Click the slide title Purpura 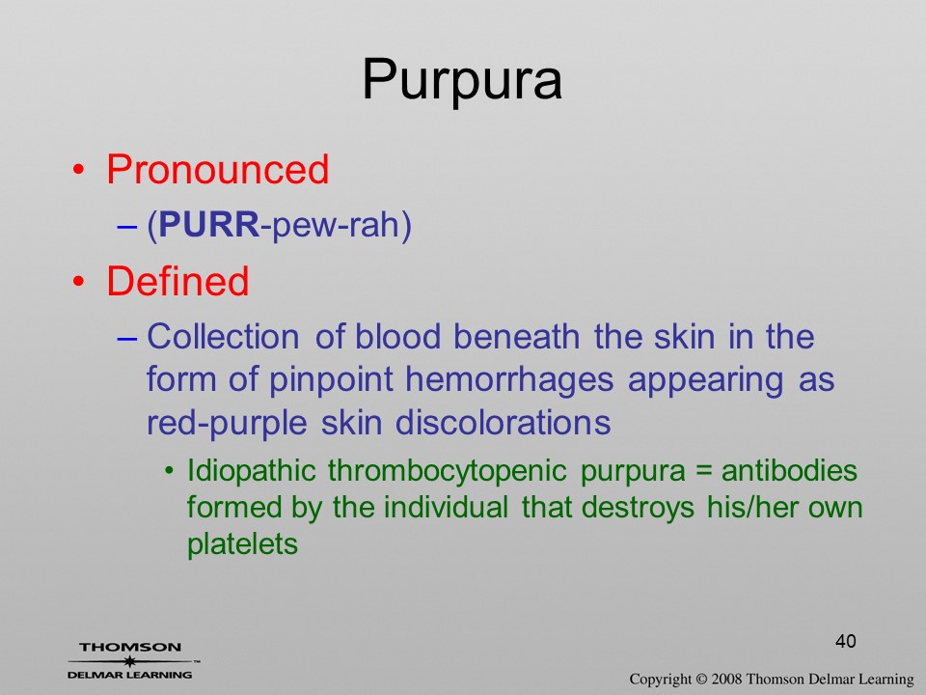click(x=462, y=80)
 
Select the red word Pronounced click(x=217, y=170)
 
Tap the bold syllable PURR click(x=209, y=225)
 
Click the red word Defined click(x=177, y=281)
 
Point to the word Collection click(x=223, y=337)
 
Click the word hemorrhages click(x=509, y=380)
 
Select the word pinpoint click(x=331, y=380)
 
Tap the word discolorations click(x=503, y=423)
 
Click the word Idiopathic click(x=252, y=471)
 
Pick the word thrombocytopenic click(x=447, y=471)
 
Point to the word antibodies click(x=789, y=471)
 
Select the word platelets click(x=242, y=544)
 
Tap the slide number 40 click(x=846, y=641)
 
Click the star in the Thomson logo click(x=129, y=661)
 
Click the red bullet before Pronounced click(x=78, y=170)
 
